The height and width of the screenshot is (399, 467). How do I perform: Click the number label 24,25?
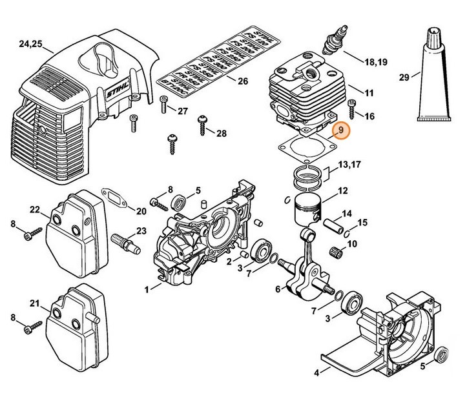(31, 44)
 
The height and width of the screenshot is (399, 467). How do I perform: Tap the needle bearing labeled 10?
(334, 247)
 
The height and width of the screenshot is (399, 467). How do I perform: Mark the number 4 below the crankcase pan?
(317, 372)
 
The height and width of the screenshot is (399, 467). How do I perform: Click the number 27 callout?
(182, 111)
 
